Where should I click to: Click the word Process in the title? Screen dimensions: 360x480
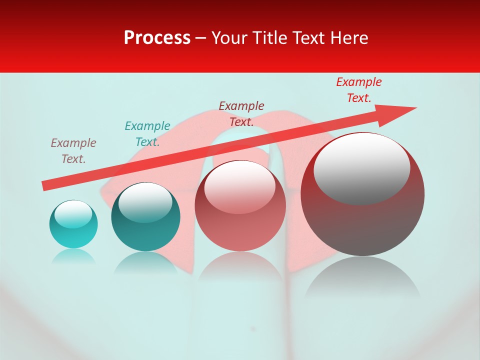(157, 38)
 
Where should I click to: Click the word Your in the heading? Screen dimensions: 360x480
(230, 38)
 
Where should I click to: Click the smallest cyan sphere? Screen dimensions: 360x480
(73, 224)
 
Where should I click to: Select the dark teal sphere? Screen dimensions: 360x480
(145, 217)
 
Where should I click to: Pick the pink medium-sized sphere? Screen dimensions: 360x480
(240, 205)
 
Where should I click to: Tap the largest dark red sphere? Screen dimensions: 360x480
(362, 194)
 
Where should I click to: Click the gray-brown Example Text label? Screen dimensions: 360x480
(73, 151)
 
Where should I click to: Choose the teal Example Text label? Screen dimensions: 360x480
(147, 134)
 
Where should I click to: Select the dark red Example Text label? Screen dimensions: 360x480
(241, 113)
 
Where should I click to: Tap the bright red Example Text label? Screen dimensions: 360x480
(359, 90)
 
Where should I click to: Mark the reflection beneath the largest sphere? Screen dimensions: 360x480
(362, 277)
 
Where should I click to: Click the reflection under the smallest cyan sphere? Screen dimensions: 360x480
(73, 256)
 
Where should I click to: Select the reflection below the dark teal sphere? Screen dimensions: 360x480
(145, 262)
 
